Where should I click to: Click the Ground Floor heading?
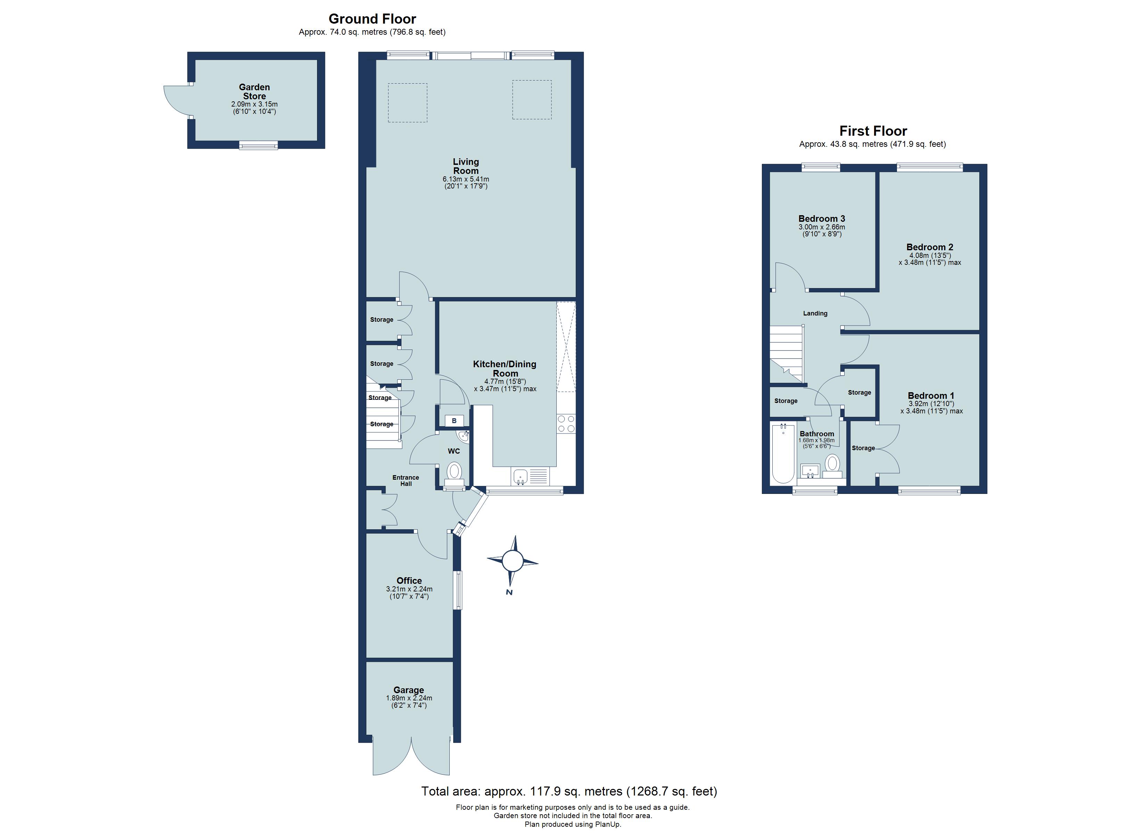372,19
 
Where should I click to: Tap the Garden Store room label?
254,91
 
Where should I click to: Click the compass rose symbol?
512,561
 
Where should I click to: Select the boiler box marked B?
454,421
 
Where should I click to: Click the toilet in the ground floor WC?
454,472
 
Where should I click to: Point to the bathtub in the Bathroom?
783,454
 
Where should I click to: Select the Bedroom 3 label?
822,219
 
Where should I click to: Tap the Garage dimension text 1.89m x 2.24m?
409,698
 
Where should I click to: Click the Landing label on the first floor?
815,313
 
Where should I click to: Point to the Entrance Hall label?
406,480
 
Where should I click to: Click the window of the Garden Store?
258,145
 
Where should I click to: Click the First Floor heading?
873,131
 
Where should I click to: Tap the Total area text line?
569,791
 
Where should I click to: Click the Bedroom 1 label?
931,396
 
